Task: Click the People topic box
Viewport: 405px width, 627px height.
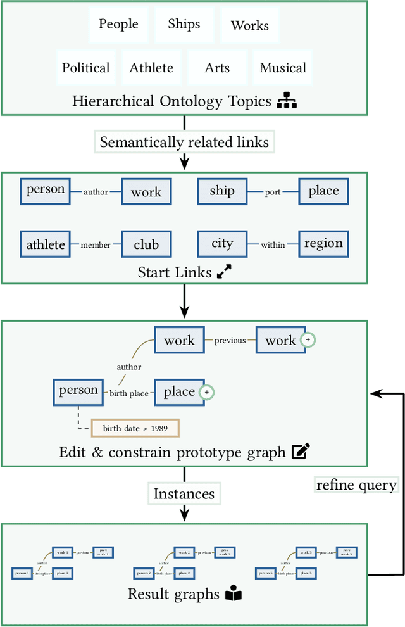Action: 118,25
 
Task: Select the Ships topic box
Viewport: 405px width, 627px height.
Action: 184,25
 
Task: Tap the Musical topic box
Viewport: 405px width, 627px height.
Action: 283,68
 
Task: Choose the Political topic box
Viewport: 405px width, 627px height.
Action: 85,68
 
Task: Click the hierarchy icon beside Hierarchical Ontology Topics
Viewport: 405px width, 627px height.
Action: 287,101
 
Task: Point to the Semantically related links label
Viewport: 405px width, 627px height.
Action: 184,142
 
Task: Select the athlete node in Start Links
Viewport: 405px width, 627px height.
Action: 46,244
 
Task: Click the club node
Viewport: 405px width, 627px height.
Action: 146,244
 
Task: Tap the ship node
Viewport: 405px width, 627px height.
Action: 222,191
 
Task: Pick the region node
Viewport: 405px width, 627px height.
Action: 323,244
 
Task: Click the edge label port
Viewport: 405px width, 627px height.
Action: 273,193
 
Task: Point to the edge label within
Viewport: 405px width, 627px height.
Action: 273,245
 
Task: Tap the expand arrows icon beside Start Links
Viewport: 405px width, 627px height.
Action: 224,272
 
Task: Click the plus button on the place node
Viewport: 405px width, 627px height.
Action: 206,393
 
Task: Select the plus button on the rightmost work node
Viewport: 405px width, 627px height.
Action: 308,340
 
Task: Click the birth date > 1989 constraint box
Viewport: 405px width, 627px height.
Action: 135,428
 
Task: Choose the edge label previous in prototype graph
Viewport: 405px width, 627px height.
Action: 230,341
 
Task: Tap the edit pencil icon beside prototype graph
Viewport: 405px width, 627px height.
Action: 300,452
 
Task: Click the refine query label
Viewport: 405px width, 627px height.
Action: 356,485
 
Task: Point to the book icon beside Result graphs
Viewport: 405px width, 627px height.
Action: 234,594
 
